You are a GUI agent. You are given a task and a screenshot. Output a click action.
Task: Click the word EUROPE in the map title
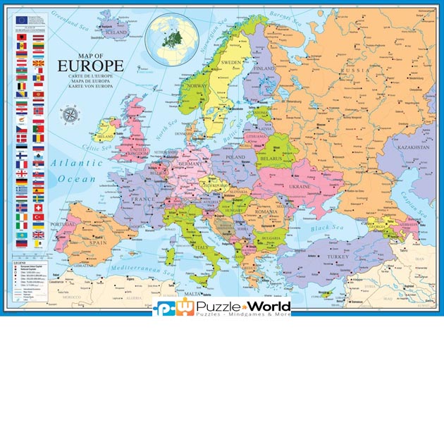click(90, 66)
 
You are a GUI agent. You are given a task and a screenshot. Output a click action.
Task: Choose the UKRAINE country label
click(300, 186)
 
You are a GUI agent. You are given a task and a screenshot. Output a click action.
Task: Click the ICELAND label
click(116, 32)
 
